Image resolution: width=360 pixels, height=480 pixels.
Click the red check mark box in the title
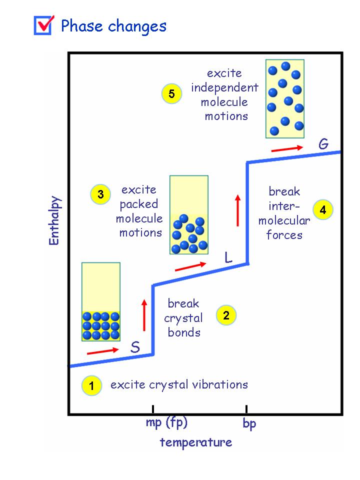tap(43, 25)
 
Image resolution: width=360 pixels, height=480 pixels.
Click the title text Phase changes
tap(113, 26)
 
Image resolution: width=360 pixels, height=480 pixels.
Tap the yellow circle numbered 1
tap(91, 385)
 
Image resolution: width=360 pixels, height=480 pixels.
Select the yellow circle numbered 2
tap(226, 315)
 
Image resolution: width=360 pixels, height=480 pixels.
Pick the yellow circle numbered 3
tap(100, 194)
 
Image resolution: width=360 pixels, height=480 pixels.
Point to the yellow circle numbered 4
tap(323, 210)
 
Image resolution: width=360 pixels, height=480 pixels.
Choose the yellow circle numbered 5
tap(171, 94)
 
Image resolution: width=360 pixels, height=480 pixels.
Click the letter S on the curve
tap(135, 347)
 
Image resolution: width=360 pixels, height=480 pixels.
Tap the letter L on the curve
tap(228, 257)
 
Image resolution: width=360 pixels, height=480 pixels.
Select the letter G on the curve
tap(323, 144)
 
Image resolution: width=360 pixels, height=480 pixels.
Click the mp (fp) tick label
tap(166, 423)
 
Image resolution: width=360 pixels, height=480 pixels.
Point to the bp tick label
tap(249, 424)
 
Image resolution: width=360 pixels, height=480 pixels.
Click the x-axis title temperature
tap(196, 442)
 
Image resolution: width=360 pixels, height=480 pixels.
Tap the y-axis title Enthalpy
tap(54, 220)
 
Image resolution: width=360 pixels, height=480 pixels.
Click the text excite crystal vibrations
tap(179, 384)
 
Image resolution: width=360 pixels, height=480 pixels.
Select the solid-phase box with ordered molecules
tap(101, 301)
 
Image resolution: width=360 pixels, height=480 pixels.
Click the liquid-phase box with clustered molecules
tap(189, 215)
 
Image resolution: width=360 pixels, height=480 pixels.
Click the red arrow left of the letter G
tap(287, 148)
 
